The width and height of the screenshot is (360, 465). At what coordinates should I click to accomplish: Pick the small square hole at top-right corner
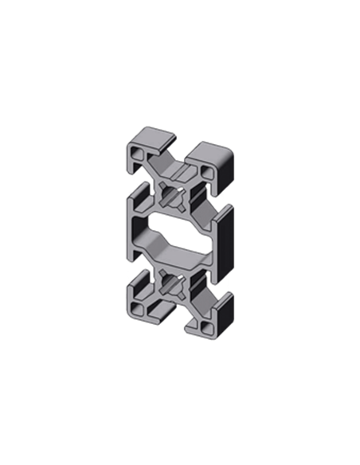pyautogui.click(x=206, y=170)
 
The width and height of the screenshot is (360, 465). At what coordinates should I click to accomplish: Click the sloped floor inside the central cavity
pyautogui.click(x=171, y=248)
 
